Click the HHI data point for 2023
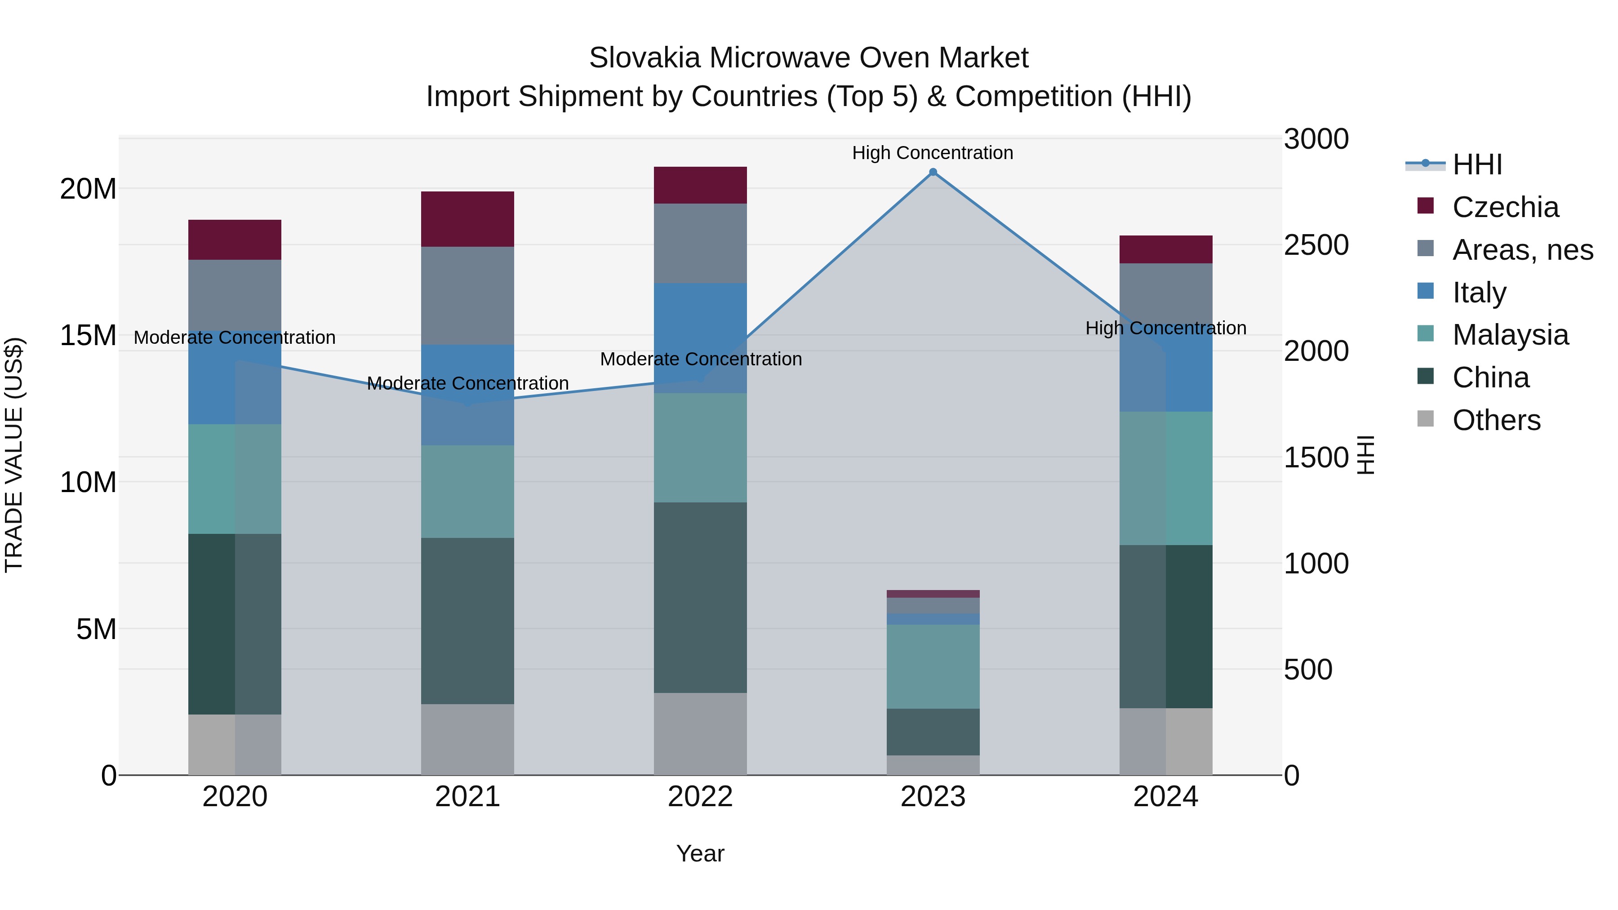tap(933, 172)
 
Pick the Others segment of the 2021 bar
tap(467, 739)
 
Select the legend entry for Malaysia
tap(1510, 335)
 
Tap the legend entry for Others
tap(1496, 420)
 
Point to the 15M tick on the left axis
tap(88, 335)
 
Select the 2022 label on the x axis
tap(700, 797)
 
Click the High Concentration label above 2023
tap(933, 153)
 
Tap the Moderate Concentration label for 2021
tap(467, 383)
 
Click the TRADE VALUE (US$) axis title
tap(14, 455)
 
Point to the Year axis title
tap(700, 853)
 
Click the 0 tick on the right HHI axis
tap(1292, 776)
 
